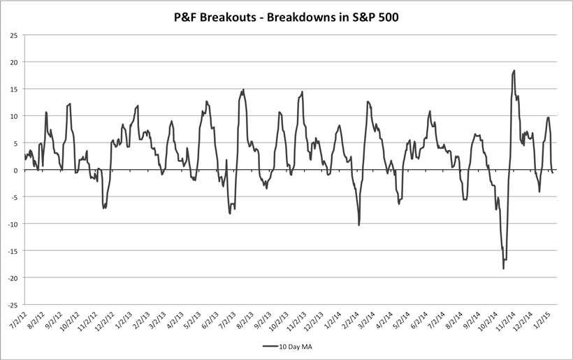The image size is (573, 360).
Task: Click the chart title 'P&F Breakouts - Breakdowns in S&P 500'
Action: (286, 16)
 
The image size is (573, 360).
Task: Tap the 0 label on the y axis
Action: (15, 170)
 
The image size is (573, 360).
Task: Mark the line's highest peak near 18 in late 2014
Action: (514, 71)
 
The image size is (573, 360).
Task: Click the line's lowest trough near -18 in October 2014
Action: (503, 268)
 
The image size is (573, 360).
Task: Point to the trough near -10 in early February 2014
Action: (359, 224)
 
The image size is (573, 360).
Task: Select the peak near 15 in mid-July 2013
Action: (243, 89)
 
